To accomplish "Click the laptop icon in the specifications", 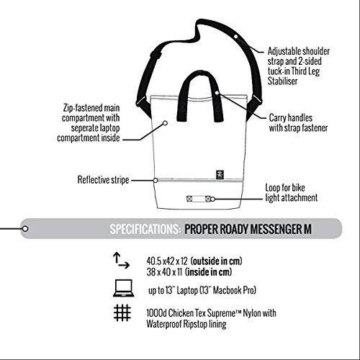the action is click(x=123, y=288).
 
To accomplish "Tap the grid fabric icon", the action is click(x=122, y=312).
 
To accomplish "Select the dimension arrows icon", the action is click(x=121, y=261).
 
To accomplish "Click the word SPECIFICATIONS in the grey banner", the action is click(x=145, y=229).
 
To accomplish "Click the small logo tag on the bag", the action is click(x=220, y=175).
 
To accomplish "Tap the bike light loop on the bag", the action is click(x=199, y=199).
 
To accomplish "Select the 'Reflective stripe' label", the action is click(x=103, y=180).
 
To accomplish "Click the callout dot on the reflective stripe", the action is click(x=156, y=180).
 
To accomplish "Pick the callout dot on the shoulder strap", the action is click(x=236, y=37).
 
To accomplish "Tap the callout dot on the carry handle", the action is click(x=217, y=93).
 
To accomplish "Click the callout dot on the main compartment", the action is click(x=165, y=123).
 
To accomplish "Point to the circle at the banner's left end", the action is click(x=25, y=229).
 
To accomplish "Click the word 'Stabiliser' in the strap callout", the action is click(x=282, y=81).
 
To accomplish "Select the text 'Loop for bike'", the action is click(x=285, y=188).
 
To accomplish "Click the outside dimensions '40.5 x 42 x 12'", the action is click(x=167, y=261).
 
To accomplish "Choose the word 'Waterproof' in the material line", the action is click(x=165, y=324).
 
